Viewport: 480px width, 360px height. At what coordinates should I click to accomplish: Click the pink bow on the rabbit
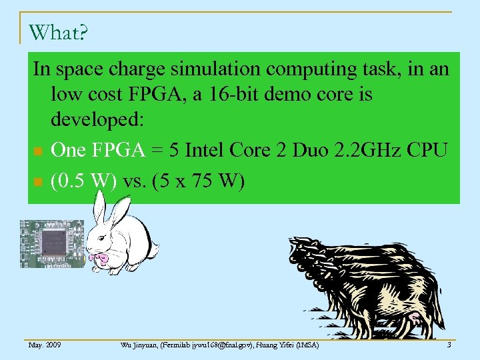pyautogui.click(x=101, y=257)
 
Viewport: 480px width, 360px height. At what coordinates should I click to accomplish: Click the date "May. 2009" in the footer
pyautogui.click(x=45, y=345)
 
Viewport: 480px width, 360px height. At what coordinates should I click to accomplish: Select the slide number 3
pyautogui.click(x=449, y=345)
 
